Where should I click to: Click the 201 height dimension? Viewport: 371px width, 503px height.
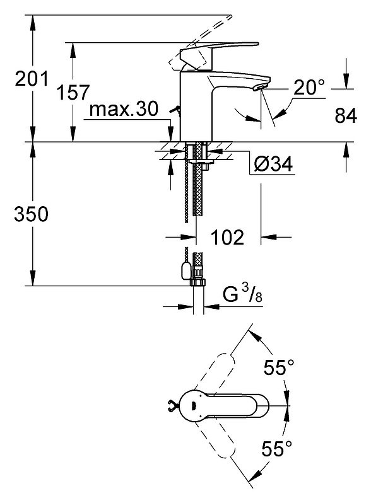32,79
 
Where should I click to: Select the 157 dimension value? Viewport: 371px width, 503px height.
73,93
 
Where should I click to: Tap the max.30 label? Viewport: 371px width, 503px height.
124,109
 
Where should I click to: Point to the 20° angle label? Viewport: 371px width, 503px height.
309,87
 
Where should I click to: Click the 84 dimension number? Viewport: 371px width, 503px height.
346,115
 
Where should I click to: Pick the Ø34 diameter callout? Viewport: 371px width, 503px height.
273,165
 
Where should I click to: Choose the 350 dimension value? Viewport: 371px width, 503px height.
31,214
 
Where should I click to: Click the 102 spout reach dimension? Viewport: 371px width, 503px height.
227,238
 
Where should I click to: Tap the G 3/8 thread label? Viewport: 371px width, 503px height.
242,294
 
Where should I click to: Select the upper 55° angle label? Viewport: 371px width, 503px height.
278,367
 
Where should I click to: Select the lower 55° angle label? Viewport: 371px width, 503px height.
276,448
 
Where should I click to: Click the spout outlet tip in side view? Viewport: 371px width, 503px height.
261,86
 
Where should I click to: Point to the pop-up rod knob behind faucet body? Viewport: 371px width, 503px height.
175,110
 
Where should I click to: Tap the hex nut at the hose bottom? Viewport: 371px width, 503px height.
199,282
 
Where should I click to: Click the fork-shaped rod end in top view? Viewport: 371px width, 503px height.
172,407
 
